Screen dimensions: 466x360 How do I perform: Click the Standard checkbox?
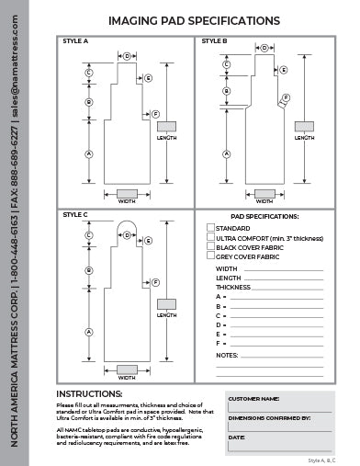tap(210, 227)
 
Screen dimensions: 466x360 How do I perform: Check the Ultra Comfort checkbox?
tap(210, 237)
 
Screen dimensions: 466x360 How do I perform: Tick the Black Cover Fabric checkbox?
tap(210, 246)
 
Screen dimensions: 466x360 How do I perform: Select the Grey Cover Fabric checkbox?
tap(210, 256)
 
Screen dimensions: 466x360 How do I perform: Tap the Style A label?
tap(75, 41)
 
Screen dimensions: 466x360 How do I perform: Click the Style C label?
tap(75, 215)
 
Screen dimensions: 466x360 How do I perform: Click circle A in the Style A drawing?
tap(89, 153)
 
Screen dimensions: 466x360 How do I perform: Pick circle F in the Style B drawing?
tap(286, 97)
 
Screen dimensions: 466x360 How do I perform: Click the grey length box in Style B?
tap(302, 126)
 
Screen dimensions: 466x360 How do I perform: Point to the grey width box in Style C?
tap(127, 368)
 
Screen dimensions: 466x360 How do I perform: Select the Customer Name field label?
tap(253, 400)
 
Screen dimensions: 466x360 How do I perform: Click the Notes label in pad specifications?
tap(227, 354)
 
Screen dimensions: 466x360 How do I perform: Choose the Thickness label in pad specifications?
tap(233, 287)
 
